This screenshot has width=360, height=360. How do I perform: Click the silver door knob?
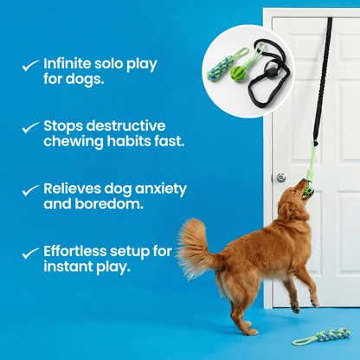[281, 177]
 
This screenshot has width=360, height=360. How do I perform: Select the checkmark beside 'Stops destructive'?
[29, 126]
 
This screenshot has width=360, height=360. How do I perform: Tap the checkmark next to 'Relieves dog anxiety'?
[29, 189]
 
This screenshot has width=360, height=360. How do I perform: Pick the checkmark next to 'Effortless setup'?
[29, 252]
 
